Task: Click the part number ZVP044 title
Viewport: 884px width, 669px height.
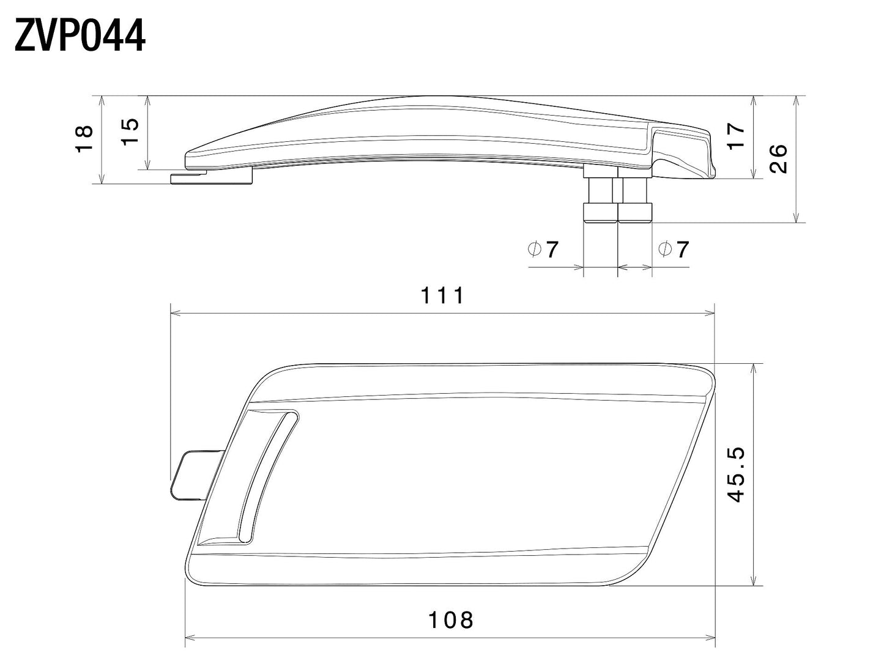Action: pyautogui.click(x=80, y=37)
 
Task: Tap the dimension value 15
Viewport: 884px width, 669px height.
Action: pyautogui.click(x=130, y=131)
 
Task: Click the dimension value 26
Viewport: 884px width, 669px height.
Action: pyautogui.click(x=778, y=159)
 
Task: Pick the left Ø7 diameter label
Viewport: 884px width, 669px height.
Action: pyautogui.click(x=543, y=249)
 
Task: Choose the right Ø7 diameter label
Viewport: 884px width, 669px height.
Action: pyautogui.click(x=673, y=249)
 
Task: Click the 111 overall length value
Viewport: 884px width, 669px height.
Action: pyautogui.click(x=442, y=296)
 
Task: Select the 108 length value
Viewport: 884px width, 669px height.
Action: pyautogui.click(x=450, y=620)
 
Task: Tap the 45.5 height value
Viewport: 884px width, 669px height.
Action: pyautogui.click(x=736, y=475)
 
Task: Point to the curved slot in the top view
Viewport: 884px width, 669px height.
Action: pyautogui.click(x=267, y=474)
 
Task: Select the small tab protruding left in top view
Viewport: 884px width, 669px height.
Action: pyautogui.click(x=191, y=475)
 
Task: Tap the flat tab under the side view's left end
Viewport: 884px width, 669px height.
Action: pyautogui.click(x=211, y=177)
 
